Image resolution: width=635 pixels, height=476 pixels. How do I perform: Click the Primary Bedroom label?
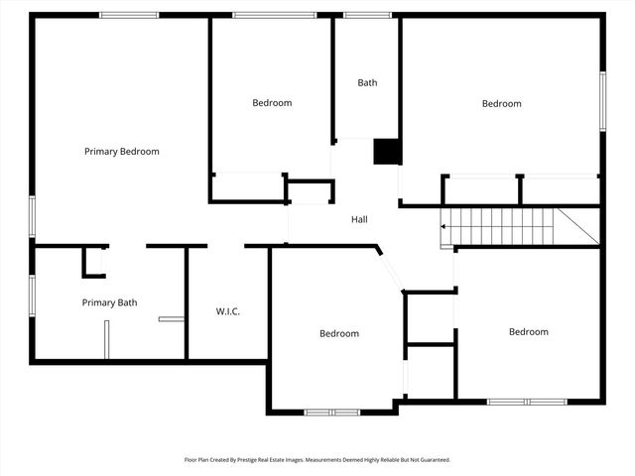pos(121,152)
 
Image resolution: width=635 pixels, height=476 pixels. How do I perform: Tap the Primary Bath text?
pos(109,302)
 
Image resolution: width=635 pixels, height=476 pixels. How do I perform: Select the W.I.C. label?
pos(228,311)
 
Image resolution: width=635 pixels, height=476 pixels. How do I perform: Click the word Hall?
pos(360,219)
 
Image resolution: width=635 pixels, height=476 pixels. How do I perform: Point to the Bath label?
pos(367,83)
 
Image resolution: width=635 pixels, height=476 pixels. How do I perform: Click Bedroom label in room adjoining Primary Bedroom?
pos(272,103)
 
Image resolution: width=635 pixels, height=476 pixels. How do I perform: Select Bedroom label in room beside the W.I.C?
pos(339,334)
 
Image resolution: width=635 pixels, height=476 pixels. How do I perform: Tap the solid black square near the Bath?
pos(387,151)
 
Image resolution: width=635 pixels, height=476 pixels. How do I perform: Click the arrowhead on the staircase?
pos(444,227)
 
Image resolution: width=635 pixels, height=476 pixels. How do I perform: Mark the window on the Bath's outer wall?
pos(367,15)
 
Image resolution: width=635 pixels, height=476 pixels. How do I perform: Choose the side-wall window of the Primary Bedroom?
pos(32,215)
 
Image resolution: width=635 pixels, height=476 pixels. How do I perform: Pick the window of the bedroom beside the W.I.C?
pos(332,412)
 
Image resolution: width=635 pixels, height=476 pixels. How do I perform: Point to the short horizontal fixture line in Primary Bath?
pos(171,319)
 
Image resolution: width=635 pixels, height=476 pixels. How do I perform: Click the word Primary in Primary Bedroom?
pos(100,152)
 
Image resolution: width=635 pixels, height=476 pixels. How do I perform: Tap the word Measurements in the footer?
pos(326,460)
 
